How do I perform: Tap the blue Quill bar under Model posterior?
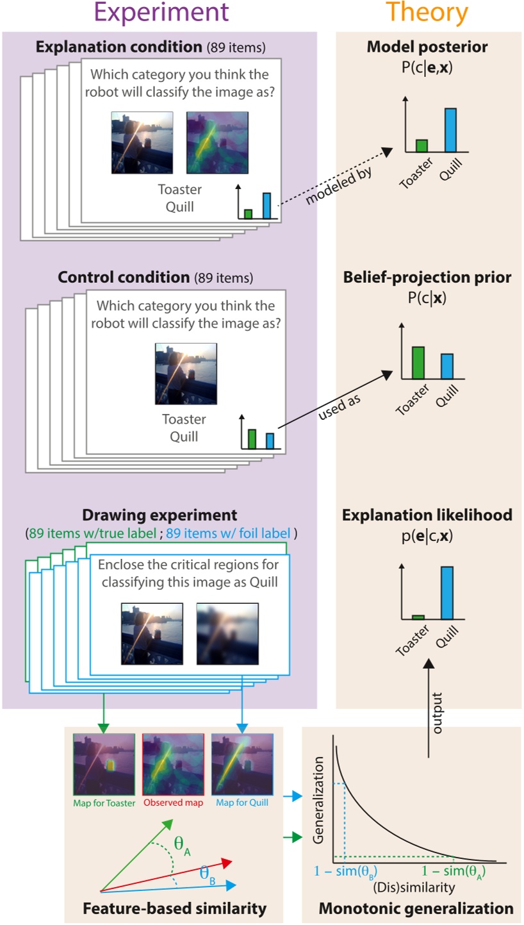450,130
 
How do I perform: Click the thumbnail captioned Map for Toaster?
104,763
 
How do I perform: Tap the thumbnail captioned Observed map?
173,763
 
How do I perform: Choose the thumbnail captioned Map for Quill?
242,763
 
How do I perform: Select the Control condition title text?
125,278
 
